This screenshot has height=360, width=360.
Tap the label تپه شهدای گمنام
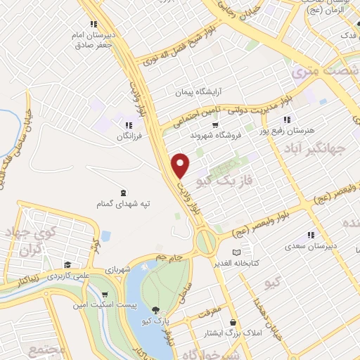[124, 204]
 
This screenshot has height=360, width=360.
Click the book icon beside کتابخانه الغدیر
[237, 252]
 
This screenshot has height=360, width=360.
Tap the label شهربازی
[119, 269]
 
